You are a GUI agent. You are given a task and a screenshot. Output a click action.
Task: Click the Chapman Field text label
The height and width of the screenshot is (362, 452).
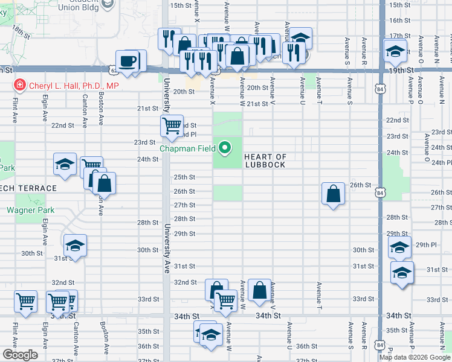point(188,148)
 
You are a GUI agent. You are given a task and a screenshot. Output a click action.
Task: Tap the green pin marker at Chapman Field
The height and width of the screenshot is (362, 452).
point(225,147)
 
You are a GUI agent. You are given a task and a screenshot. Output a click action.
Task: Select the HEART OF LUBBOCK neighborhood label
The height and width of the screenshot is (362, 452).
point(265,160)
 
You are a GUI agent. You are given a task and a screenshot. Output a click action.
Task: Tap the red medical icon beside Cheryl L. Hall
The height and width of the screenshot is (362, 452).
point(20,86)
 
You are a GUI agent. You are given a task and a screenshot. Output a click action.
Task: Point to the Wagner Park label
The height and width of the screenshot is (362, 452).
point(30,211)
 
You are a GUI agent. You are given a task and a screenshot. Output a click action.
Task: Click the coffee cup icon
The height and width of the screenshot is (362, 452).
point(128,62)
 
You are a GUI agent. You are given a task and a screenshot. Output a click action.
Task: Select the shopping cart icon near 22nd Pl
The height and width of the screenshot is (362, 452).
point(172,125)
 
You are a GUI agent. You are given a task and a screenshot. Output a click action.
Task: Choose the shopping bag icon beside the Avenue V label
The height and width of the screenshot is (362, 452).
point(259,290)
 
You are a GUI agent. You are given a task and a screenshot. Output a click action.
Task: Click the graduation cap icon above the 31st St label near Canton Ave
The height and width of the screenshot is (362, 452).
point(75,245)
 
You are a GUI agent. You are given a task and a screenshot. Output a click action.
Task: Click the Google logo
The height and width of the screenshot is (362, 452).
point(21,355)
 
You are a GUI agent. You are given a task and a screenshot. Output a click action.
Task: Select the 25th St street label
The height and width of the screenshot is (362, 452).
point(184,177)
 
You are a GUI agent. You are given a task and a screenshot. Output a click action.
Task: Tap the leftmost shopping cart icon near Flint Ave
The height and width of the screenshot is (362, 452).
point(25,300)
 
